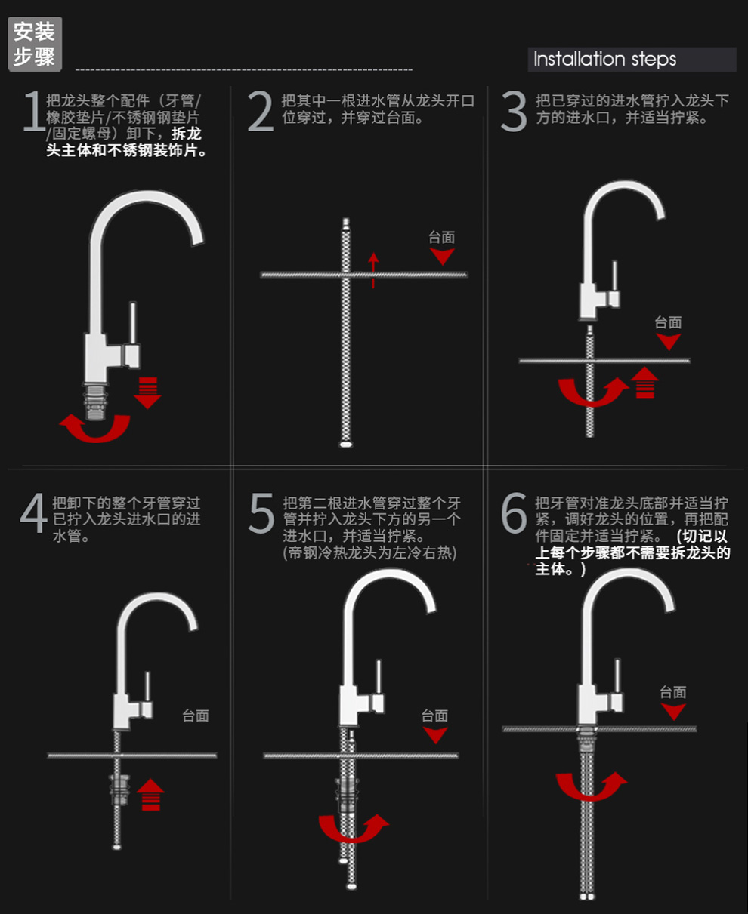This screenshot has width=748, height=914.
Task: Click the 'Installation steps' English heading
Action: [x=604, y=59]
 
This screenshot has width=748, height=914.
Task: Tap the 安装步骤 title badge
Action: [x=35, y=45]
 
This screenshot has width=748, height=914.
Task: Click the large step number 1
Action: [x=33, y=111]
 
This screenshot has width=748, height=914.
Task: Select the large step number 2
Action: [x=261, y=111]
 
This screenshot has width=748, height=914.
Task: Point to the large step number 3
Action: [x=514, y=111]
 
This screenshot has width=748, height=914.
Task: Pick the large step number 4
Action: [x=33, y=512]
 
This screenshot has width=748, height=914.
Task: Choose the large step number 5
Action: [x=261, y=512]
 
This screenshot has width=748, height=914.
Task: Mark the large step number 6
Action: [x=514, y=512]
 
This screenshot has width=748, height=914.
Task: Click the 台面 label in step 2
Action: [x=442, y=237]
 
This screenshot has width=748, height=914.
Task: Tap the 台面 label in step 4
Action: [x=196, y=716]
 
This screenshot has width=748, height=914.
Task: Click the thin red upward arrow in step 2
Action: [x=373, y=270]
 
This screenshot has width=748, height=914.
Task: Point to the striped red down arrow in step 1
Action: [x=147, y=392]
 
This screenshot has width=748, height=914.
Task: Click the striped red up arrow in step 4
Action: [x=150, y=794]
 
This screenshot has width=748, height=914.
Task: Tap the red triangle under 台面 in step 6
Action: [x=673, y=711]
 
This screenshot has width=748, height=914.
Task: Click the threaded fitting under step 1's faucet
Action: [x=95, y=402]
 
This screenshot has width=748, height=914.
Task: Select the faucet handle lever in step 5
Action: [x=379, y=676]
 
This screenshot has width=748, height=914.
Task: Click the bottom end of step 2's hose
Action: [x=346, y=445]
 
